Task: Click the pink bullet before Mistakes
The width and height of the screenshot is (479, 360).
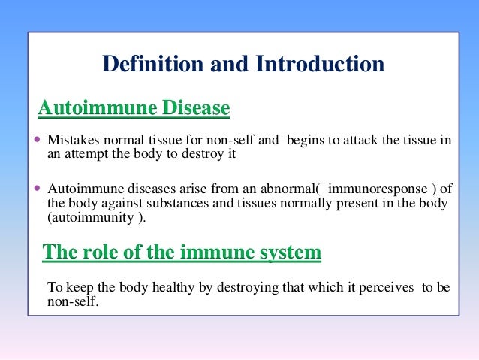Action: (x=39, y=141)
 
